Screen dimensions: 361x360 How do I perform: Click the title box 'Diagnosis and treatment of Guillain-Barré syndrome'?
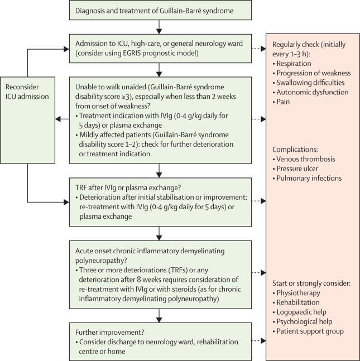(160, 11)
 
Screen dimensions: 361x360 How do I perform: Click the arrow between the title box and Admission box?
(160, 26)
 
